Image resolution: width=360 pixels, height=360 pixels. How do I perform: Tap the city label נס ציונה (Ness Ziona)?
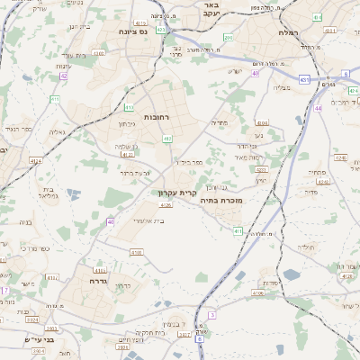[132, 31]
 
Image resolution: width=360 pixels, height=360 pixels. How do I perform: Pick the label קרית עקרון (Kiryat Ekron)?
[176, 193]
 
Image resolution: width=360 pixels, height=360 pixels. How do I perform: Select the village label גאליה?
[57, 132]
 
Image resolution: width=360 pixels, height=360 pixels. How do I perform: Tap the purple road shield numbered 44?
[318, 108]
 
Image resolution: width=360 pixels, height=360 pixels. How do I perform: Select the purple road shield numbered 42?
[64, 76]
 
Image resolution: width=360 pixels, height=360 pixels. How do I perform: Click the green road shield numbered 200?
[229, 38]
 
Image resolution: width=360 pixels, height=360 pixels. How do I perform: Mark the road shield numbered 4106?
[259, 292]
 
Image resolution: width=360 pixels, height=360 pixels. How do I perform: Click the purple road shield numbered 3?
[212, 315]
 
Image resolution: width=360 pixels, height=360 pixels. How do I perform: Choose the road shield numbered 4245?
[340, 157]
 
